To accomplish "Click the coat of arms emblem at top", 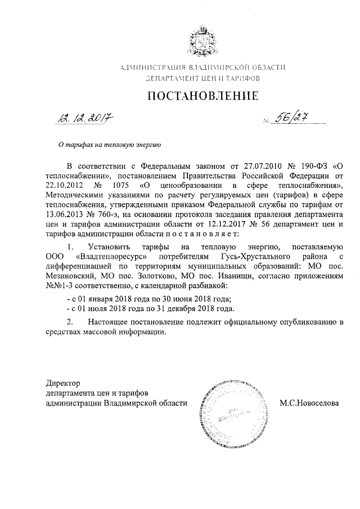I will pos(202,40).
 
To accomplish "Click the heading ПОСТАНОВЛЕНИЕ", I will pos(202,96).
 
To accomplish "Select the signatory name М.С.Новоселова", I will pos(309,403).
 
